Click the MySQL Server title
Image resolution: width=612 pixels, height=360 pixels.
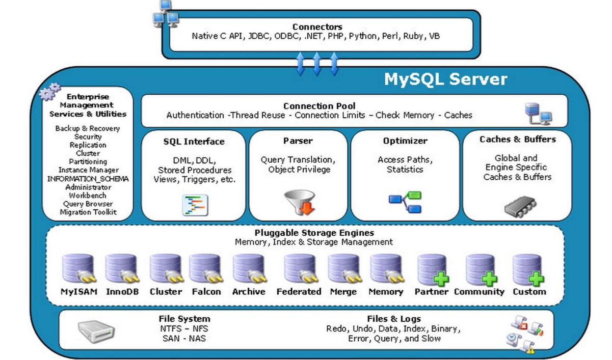(445, 79)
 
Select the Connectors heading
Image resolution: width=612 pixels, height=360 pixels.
(317, 27)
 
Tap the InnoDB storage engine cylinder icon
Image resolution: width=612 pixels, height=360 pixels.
(121, 269)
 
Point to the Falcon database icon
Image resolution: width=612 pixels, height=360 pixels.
(205, 269)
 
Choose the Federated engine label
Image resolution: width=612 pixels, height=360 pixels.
(299, 292)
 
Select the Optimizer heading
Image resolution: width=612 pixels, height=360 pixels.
(405, 141)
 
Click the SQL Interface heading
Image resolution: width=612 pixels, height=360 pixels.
(194, 141)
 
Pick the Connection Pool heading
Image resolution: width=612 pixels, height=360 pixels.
(320, 106)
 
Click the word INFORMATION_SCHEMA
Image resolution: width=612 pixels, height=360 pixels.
(88, 179)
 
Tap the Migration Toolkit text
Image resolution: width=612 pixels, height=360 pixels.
(88, 212)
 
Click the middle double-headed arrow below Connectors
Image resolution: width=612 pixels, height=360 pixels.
(316, 64)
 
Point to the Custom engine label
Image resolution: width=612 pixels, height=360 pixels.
(529, 292)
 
